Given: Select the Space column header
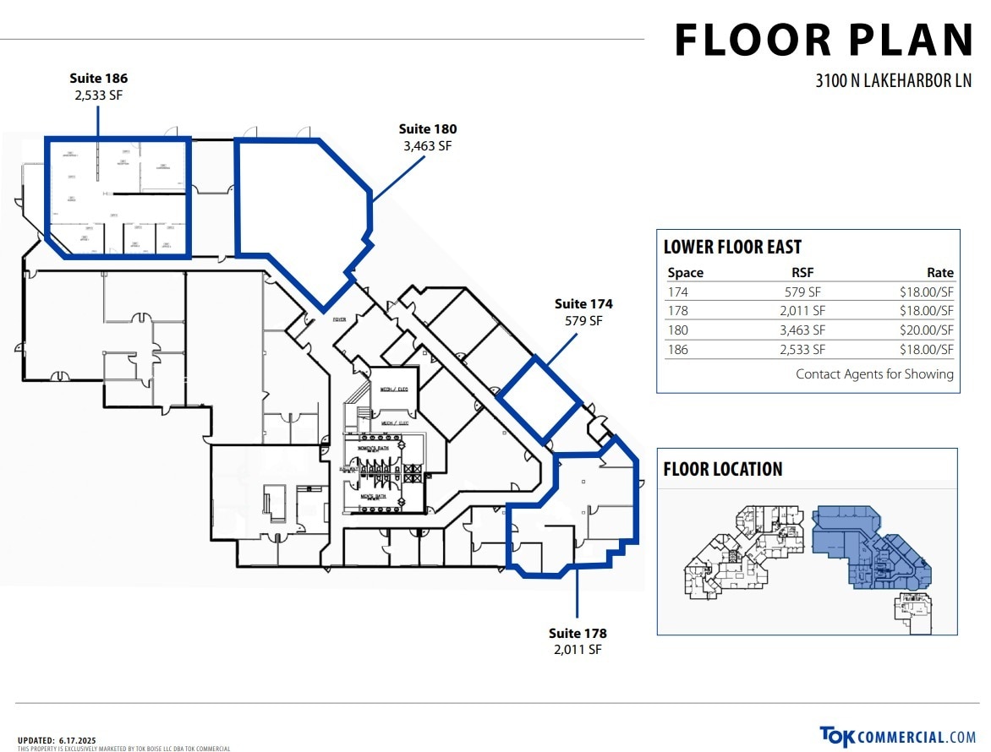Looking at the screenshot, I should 685,273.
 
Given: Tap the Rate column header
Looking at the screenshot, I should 939,273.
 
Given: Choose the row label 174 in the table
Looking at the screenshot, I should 677,292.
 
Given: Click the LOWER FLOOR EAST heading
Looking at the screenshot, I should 732,247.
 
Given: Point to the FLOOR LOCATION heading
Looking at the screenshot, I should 723,469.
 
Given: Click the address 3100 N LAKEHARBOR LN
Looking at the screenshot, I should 894,81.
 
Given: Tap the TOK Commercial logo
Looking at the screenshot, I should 897,737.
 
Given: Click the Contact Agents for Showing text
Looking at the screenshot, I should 874,373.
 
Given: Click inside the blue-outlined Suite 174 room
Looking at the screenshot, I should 539,400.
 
